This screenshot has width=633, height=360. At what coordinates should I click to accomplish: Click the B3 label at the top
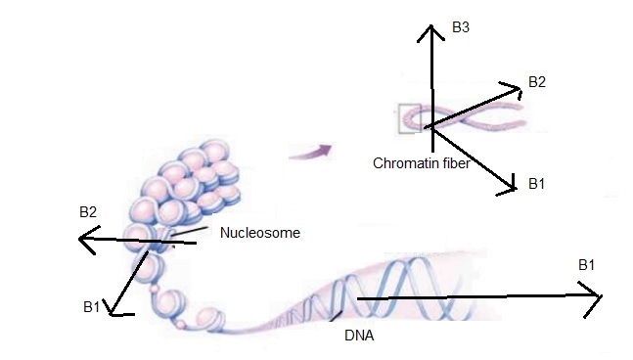point(461,28)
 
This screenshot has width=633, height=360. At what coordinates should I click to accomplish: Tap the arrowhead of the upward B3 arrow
point(427,29)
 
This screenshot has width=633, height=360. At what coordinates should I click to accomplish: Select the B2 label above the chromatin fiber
point(536,81)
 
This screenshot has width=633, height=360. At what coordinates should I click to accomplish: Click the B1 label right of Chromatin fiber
point(536,183)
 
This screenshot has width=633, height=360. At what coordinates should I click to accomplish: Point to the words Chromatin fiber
point(422,163)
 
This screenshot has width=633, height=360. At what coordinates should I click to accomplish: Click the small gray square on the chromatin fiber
point(409,118)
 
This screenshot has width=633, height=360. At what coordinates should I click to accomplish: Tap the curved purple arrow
point(311,150)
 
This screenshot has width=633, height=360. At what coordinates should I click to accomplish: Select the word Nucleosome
point(259,233)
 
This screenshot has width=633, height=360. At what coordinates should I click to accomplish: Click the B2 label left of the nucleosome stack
point(88,210)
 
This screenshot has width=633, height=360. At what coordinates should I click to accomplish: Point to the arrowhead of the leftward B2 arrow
point(84,238)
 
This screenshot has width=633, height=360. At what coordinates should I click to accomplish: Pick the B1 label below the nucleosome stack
point(92,308)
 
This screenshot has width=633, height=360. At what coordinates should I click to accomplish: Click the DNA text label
point(359,336)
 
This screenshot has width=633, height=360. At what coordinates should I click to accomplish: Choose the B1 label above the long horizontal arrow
point(587,265)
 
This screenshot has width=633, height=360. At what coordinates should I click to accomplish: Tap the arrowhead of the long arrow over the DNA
point(595,297)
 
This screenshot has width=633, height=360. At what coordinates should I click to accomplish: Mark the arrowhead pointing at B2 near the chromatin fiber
point(516,89)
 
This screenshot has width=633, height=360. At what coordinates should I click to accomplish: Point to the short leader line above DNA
point(337,316)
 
